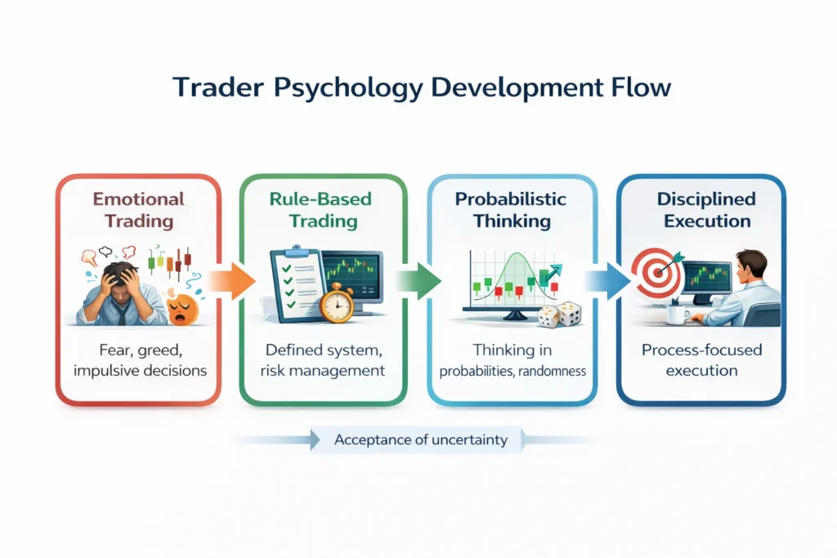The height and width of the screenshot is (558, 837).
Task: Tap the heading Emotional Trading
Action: point(138,209)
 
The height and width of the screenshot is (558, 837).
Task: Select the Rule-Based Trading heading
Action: point(322,209)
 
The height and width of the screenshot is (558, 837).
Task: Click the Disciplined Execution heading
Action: point(700,209)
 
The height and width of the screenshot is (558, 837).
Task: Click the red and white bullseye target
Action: point(657,275)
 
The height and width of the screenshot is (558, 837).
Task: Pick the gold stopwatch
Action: point(337,303)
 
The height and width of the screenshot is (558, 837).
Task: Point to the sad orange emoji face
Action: point(181,309)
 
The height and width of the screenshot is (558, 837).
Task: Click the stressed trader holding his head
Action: point(119,290)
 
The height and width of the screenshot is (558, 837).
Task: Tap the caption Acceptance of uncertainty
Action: point(421,440)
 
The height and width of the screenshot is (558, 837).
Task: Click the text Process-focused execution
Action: point(701,359)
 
